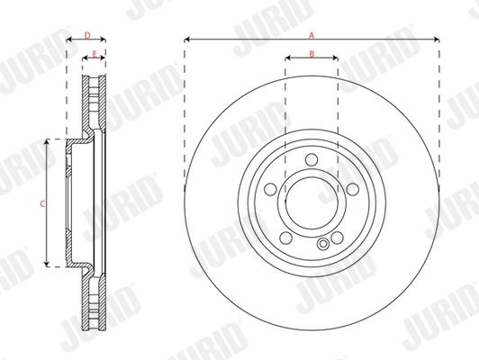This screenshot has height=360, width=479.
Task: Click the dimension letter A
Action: [312, 35]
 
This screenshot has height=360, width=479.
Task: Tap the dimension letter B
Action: [312, 54]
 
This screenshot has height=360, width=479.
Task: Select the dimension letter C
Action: [42, 204]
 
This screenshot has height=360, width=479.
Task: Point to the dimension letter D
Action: [86, 35]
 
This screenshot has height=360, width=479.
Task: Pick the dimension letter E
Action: [94, 54]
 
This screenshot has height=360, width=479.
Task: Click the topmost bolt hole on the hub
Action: [312, 160]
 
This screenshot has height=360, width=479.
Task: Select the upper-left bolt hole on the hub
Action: [270, 190]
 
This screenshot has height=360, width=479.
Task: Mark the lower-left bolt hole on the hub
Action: [285, 238]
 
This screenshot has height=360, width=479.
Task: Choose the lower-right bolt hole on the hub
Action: [337, 238]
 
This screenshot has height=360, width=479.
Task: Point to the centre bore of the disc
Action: [312, 203]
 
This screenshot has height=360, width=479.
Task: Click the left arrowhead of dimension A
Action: [187, 40]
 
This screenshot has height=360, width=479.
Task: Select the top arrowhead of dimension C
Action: [48, 142]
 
